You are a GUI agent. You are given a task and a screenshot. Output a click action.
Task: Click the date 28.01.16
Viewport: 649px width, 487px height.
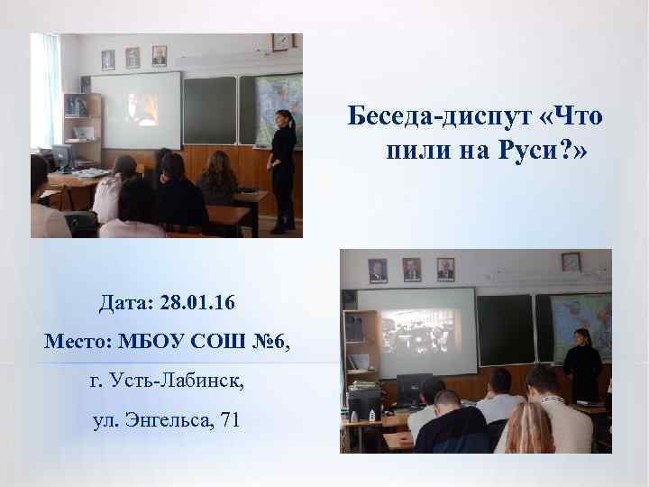[x=197, y=302]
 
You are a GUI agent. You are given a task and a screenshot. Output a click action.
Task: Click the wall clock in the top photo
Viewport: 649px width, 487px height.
[x=281, y=41]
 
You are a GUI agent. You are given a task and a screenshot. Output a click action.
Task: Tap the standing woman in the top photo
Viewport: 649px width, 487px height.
[x=282, y=167]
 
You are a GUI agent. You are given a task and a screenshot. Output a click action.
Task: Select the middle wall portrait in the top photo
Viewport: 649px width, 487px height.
[x=133, y=58]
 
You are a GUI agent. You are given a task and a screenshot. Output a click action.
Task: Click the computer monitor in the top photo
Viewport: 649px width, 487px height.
[x=62, y=157]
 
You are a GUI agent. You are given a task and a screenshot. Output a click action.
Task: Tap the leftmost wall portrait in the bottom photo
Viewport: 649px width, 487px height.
[x=378, y=270]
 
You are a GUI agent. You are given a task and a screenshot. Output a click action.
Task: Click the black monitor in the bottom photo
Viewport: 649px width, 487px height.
[x=414, y=388]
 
